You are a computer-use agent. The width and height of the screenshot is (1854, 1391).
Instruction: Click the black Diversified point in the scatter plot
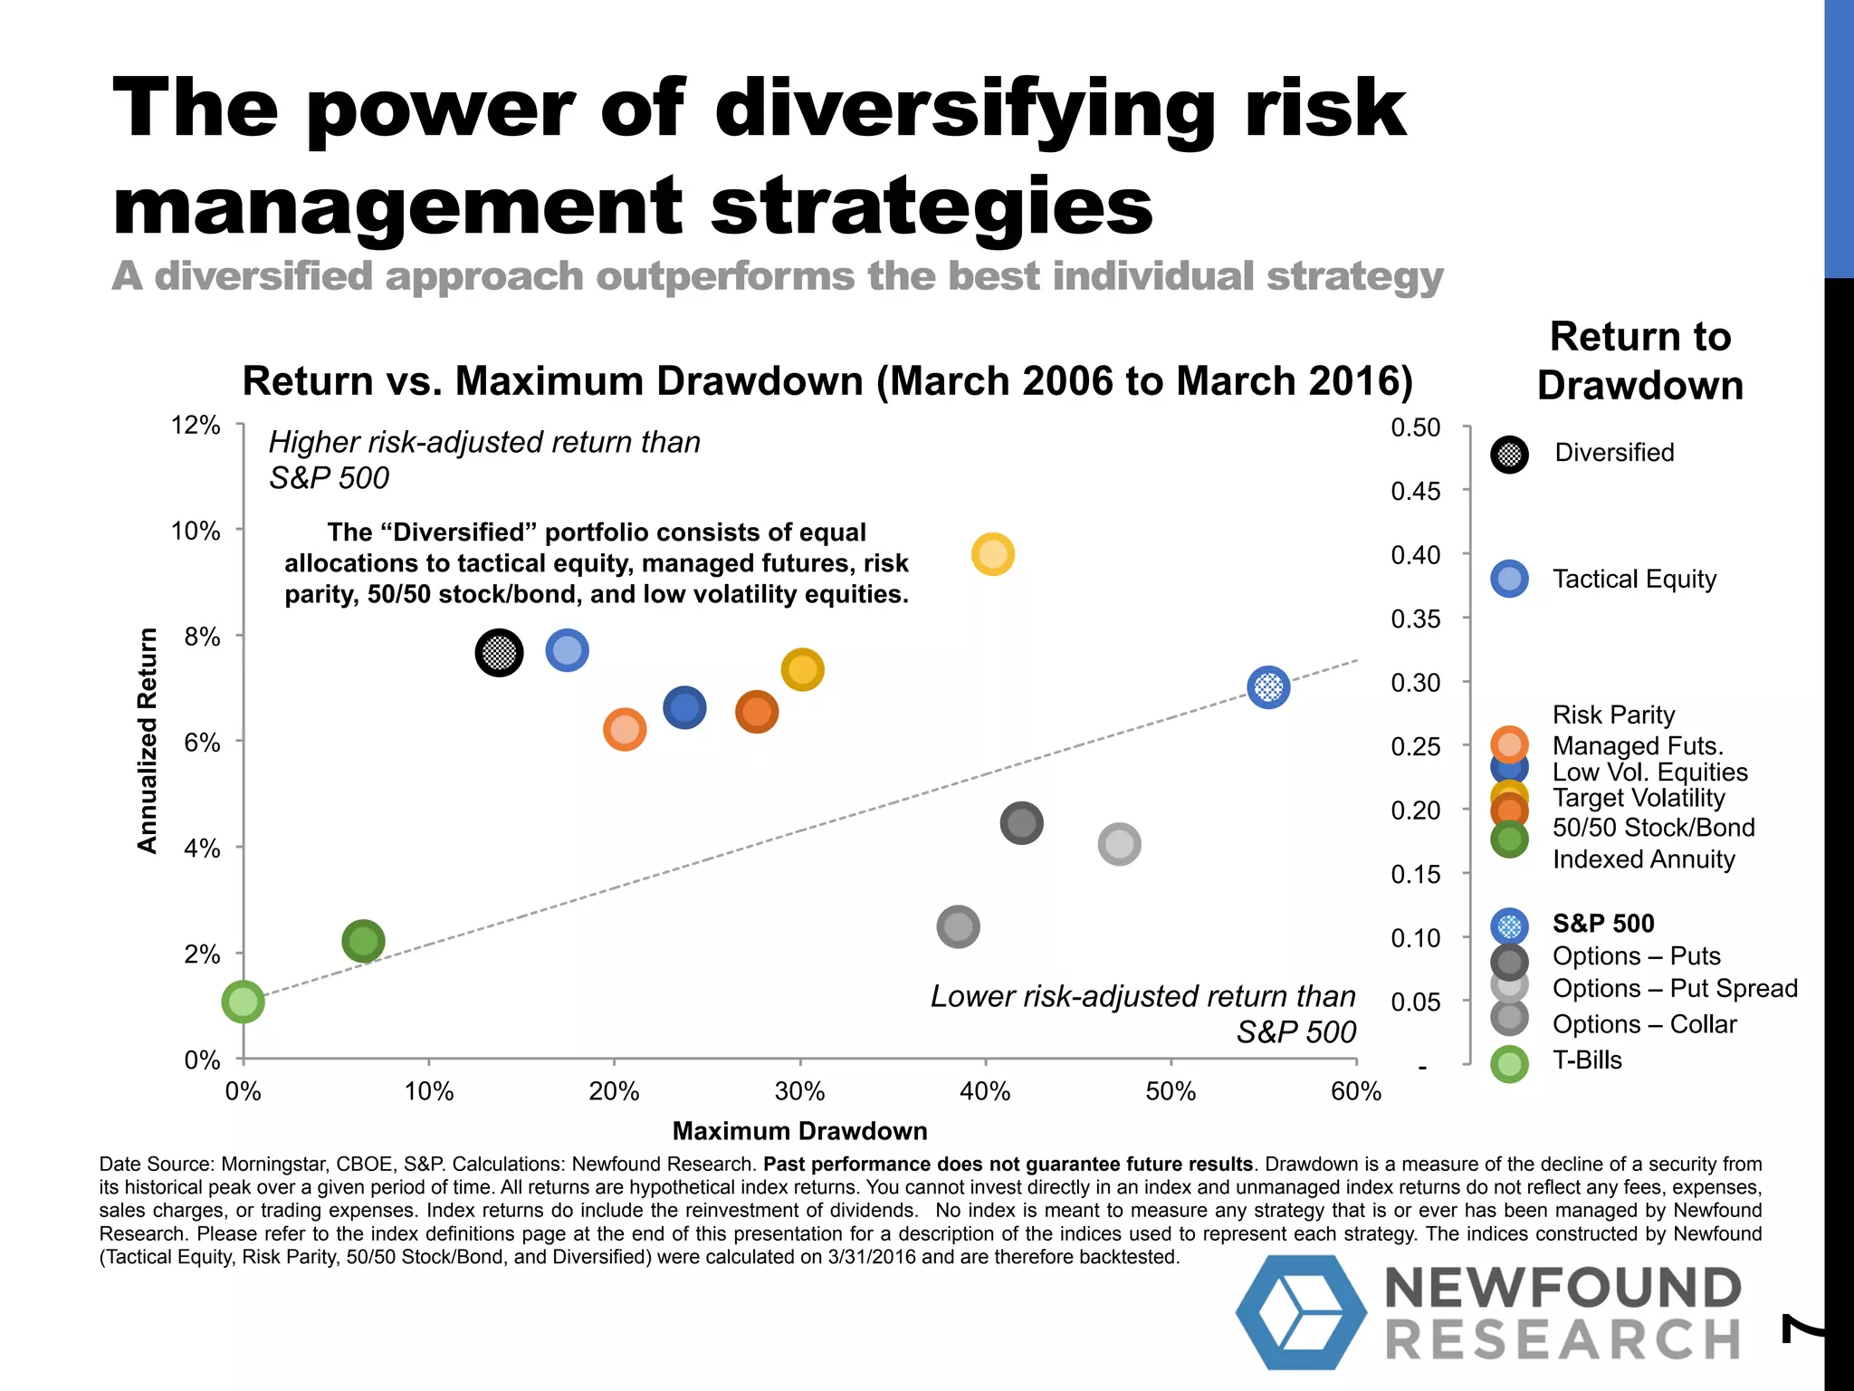tap(499, 652)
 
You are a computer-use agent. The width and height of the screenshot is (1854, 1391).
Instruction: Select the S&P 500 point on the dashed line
tap(1268, 687)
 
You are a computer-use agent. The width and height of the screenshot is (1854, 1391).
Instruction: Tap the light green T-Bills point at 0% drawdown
tap(243, 1002)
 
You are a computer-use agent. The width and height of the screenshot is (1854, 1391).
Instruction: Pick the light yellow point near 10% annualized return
tap(992, 554)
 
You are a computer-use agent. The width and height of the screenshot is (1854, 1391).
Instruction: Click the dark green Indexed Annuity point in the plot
tap(363, 942)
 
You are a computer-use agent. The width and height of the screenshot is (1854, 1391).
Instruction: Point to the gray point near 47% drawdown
tap(1119, 844)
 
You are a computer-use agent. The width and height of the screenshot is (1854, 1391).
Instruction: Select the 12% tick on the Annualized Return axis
tap(196, 425)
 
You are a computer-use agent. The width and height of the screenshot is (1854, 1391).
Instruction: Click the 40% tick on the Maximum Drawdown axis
tap(985, 1091)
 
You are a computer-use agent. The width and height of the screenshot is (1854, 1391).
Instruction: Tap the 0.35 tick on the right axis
tap(1415, 619)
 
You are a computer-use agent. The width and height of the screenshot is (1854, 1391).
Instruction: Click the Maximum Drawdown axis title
tap(799, 1131)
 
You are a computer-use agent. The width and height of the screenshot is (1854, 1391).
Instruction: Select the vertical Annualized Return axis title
tap(148, 741)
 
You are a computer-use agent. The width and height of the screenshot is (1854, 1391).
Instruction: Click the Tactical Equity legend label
tap(1634, 579)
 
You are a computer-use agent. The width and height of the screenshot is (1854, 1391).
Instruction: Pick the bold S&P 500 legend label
tap(1603, 924)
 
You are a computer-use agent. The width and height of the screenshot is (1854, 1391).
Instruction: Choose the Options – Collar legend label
tap(1644, 1024)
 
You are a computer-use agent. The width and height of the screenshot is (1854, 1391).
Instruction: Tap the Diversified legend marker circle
tap(1509, 454)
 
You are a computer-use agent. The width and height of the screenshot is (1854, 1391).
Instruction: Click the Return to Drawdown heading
tap(1639, 360)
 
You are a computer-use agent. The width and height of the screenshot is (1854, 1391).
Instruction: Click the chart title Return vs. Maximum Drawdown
tap(827, 381)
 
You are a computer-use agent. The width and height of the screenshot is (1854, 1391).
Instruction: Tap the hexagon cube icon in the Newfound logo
tap(1301, 1311)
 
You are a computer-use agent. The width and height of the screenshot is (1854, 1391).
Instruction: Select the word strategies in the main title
tap(932, 206)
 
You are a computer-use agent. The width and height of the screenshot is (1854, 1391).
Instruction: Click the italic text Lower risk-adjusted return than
tap(1142, 996)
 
